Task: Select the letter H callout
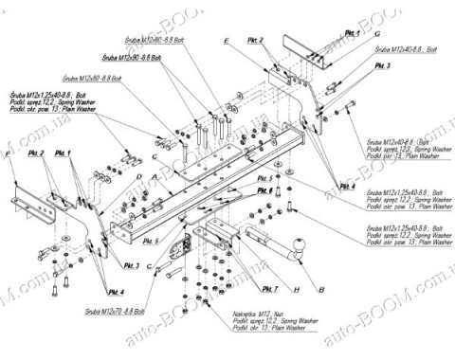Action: (297, 286)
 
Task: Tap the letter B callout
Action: (321, 286)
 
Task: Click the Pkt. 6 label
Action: (264, 190)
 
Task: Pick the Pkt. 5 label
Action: (264, 177)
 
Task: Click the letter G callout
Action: (376, 33)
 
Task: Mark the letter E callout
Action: (227, 43)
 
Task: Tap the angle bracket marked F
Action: (34, 200)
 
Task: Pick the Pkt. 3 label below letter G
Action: (381, 66)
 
